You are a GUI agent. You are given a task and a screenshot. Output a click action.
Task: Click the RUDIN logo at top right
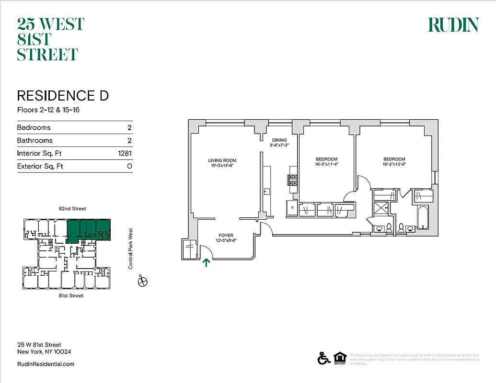453,25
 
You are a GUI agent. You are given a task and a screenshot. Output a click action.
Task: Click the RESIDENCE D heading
63,96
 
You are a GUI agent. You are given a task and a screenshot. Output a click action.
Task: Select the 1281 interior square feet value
125,154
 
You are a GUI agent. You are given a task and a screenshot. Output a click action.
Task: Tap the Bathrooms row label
35,141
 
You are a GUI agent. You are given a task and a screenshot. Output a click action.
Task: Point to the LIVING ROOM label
222,160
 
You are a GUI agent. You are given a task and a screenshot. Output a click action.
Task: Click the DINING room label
279,140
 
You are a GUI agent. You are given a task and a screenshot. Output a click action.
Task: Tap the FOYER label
226,236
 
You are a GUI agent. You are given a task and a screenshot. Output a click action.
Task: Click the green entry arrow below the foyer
207,262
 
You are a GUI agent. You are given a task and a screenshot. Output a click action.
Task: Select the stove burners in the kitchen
292,180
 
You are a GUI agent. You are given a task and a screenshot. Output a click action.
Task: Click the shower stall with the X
381,208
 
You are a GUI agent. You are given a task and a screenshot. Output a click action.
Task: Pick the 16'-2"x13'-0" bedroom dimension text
394,164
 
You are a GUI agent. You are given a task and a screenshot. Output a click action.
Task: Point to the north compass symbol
142,282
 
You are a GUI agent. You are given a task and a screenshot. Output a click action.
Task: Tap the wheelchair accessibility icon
323,358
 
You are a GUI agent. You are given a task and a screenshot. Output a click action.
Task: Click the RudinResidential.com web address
46,364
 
